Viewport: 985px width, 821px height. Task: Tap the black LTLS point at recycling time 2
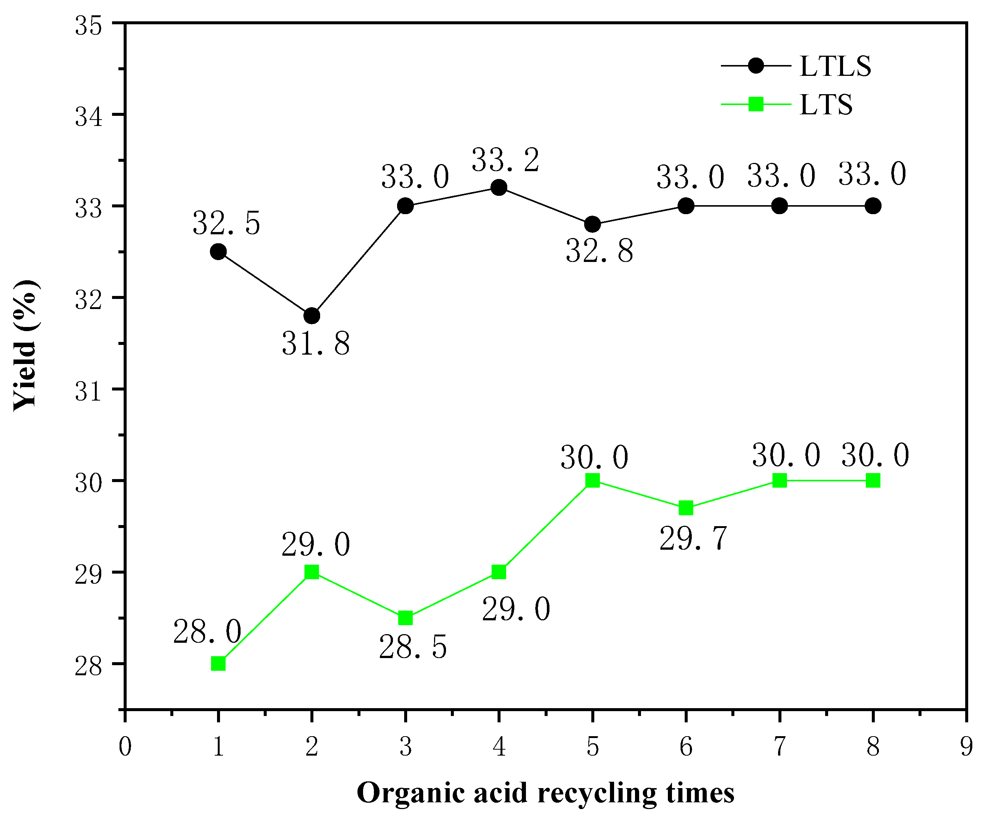point(312,316)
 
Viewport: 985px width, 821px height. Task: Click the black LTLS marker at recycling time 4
point(499,188)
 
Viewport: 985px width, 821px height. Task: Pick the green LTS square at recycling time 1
point(219,664)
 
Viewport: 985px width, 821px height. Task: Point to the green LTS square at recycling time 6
point(686,507)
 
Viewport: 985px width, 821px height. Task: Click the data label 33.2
point(506,160)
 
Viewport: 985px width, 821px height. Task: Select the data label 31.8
point(316,344)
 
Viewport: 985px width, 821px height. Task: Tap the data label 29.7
point(693,538)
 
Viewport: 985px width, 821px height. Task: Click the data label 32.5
point(226,223)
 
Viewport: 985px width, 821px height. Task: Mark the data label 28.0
point(207,632)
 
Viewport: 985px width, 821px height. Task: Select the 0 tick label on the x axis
point(125,746)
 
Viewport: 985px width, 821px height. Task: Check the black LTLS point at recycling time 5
point(592,224)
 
